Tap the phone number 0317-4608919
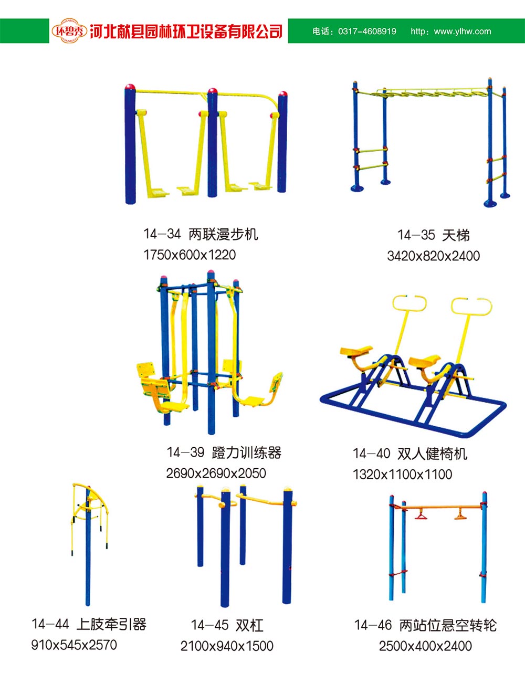coord(367,31)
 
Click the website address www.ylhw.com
coord(463,31)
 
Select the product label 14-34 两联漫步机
coord(201,234)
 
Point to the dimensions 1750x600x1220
coord(190,255)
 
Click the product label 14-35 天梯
coord(433,235)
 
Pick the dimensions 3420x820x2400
coord(433,256)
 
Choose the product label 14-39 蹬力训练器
coord(224,452)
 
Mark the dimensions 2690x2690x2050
coord(216,473)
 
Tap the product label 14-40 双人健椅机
coord(409,454)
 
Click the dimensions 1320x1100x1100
coord(402,475)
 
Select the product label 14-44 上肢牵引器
coord(89,625)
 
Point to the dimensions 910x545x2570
coord(74,645)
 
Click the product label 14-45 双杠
coord(227,625)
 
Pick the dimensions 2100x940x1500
coord(227,646)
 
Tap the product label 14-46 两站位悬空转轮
coord(425,625)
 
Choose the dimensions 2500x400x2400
coord(425,646)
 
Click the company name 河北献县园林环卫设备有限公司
coord(186,31)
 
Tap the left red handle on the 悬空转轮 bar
coord(421,516)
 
